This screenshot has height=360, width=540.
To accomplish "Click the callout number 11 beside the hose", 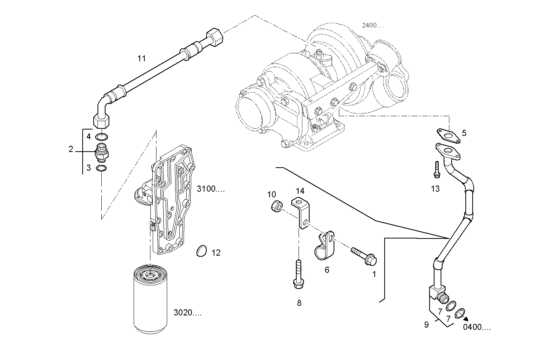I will pyautogui.click(x=142, y=59).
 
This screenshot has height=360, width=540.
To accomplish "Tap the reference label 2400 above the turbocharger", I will pyautogui.click(x=372, y=26).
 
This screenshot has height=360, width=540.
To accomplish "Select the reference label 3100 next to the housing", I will pyautogui.click(x=211, y=189).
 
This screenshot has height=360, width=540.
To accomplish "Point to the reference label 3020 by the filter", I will pyautogui.click(x=187, y=313).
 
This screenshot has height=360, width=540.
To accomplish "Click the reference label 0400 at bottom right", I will pyautogui.click(x=477, y=327).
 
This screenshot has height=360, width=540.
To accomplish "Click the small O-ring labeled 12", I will pyautogui.click(x=201, y=251).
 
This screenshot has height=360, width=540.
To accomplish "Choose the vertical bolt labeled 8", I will pyautogui.click(x=299, y=273).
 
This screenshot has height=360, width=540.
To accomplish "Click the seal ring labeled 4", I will pyautogui.click(x=102, y=136).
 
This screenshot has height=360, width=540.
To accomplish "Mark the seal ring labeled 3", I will pyautogui.click(x=101, y=168).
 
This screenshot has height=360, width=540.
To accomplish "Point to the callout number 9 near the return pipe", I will pyautogui.click(x=427, y=325).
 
